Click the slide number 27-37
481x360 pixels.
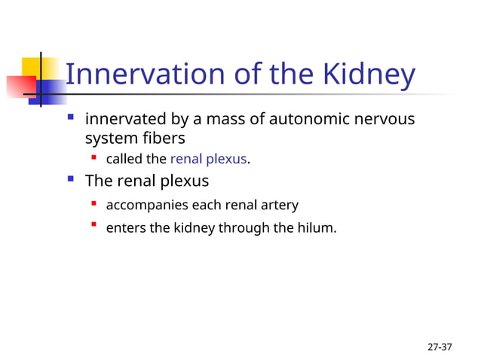click(440, 347)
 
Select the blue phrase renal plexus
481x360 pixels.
click(209, 159)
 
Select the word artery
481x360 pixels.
click(277, 205)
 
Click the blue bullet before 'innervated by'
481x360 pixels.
click(71, 117)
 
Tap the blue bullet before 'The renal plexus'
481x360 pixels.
click(71, 179)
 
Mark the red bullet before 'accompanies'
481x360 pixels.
click(94, 203)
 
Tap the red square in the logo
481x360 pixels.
click(20, 85)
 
